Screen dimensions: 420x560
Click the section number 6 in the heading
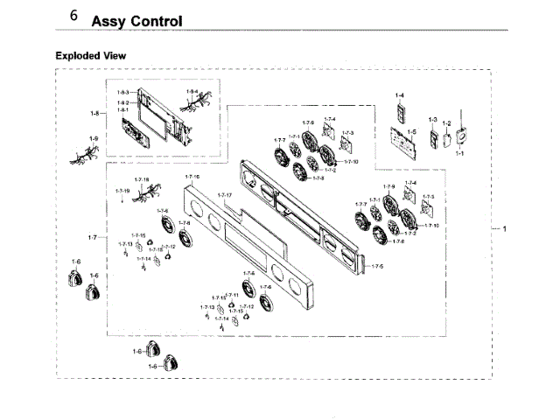click(73, 17)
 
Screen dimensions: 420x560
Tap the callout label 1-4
click(399, 94)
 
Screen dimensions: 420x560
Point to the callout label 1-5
click(411, 133)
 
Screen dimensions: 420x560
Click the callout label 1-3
click(432, 119)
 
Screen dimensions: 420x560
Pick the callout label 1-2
click(446, 123)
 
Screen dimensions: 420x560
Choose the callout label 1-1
click(459, 153)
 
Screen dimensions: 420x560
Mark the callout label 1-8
click(94, 113)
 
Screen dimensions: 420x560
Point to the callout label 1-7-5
click(376, 266)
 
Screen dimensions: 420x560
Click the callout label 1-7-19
click(122, 191)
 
